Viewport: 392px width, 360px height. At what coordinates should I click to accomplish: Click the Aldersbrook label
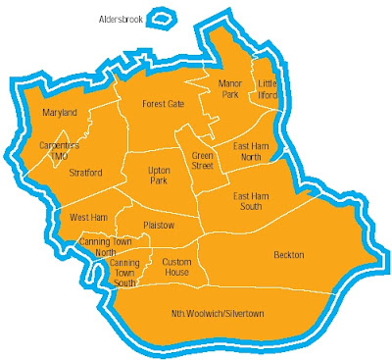(x=122, y=20)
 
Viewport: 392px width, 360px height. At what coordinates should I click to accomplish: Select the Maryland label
(x=59, y=113)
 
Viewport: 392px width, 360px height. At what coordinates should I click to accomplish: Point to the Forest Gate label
(x=163, y=104)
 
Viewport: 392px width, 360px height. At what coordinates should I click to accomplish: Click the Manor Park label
(x=230, y=89)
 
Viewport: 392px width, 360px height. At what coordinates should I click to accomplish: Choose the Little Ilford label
(x=268, y=89)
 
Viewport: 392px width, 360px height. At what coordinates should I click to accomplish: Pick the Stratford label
(x=86, y=174)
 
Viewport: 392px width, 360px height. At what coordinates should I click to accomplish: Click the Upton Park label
(x=159, y=176)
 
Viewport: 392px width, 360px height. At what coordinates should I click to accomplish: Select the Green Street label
(x=203, y=160)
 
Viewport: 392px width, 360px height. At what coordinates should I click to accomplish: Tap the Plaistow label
(x=158, y=225)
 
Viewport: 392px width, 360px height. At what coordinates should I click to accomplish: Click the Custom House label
(x=176, y=267)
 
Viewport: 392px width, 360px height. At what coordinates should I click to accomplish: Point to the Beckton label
(x=288, y=255)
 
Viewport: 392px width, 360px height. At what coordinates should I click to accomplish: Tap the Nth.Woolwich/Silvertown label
(x=219, y=314)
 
